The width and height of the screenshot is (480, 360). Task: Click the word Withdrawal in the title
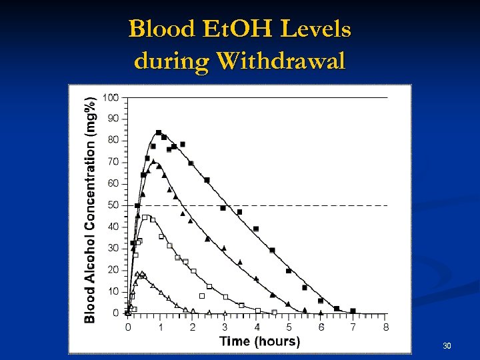[280, 61]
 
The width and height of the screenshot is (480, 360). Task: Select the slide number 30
[447, 346]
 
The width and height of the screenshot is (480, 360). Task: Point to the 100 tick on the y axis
[110, 97]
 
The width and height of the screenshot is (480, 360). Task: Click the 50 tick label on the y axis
[113, 205]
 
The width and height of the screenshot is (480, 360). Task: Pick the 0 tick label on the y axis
[115, 313]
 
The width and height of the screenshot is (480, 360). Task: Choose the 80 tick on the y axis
[113, 140]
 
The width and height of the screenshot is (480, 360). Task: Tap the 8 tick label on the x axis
[386, 327]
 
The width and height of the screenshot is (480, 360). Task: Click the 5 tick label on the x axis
[289, 327]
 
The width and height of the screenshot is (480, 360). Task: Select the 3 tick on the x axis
[225, 327]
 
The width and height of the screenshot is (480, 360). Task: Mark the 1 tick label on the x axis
[160, 327]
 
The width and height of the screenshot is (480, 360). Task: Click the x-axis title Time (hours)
[260, 341]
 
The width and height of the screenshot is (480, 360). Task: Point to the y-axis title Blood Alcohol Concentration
[90, 208]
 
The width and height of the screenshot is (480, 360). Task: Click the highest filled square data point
[159, 133]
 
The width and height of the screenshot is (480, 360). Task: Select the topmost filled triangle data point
[153, 161]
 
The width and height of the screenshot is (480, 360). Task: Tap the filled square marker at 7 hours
[353, 311]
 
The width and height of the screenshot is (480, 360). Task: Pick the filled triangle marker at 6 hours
[321, 311]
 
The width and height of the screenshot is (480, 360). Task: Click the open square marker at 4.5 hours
[274, 312]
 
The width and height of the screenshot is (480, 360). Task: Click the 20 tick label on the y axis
[113, 269]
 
